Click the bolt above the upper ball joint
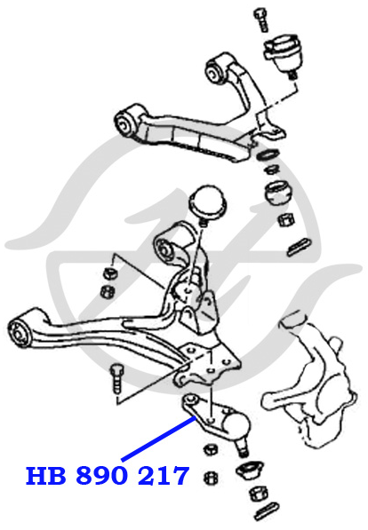(261, 20)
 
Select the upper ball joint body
(282, 51)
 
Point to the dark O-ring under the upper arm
(268, 154)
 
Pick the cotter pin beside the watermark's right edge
(299, 247)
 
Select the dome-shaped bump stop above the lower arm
(207, 202)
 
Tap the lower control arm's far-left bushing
(20, 331)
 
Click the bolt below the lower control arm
(116, 378)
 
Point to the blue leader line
(159, 439)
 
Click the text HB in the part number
(45, 476)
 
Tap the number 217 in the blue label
(164, 476)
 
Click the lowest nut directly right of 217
(212, 477)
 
